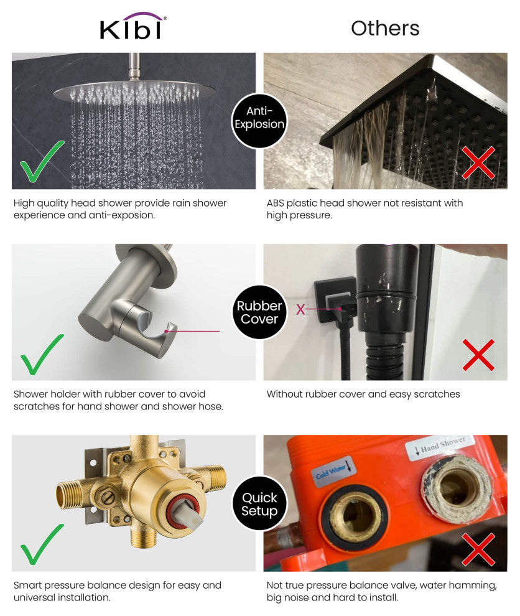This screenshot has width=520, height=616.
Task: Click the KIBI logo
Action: pos(133,26)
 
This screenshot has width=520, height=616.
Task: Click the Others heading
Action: pos(385,28)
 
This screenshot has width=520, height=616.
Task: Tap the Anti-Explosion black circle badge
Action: pos(259,121)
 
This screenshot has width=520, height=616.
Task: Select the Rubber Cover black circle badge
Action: pos(259,312)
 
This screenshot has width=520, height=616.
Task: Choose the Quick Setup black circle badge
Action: pos(259,503)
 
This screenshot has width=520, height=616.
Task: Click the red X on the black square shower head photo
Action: pos(478,162)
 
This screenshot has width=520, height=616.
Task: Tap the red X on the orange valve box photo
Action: pos(478,549)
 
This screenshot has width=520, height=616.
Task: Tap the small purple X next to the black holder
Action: pos(300,310)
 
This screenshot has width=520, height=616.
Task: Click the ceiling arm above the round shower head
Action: pos(134,66)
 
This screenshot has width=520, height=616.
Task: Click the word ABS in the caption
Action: pos(276,203)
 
